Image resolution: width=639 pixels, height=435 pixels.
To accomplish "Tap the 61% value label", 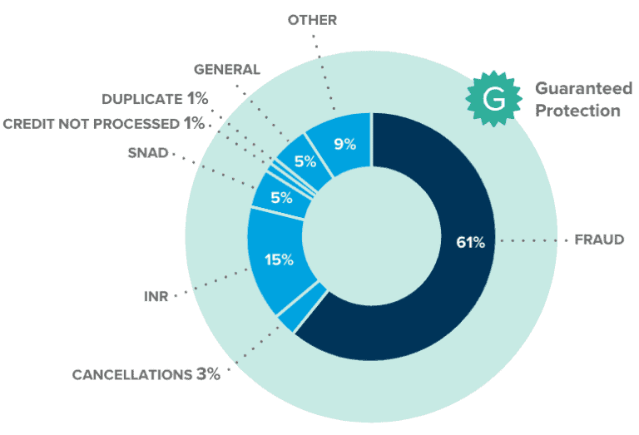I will click(470, 242).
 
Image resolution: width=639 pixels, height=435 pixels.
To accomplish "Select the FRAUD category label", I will click(600, 240).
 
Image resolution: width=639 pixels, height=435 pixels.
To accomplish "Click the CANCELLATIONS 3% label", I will click(146, 374).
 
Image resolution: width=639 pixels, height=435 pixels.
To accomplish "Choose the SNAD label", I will click(148, 152).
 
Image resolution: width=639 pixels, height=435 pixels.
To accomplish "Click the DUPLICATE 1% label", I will click(155, 99).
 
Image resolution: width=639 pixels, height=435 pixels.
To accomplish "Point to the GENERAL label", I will click(227, 70).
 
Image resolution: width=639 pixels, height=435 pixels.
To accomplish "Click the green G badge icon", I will click(493, 98).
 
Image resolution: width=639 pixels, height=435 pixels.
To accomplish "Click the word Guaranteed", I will click(583, 88).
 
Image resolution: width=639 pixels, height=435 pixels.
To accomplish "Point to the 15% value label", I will click(280, 260).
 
